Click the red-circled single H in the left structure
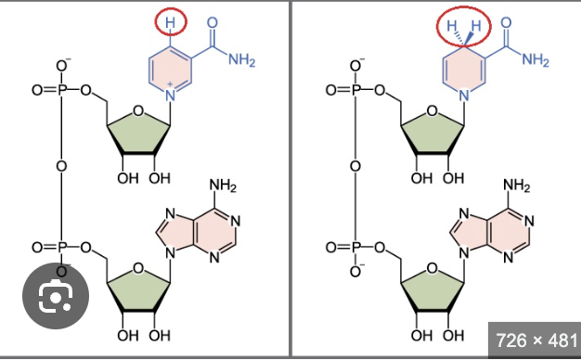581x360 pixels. [x=170, y=20]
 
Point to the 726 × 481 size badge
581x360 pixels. [x=533, y=339]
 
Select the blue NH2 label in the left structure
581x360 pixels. [x=239, y=60]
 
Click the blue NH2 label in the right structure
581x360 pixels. [x=536, y=60]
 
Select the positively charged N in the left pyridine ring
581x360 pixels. [x=170, y=95]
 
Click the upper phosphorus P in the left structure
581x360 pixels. [x=62, y=91]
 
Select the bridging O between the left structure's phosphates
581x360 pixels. [x=62, y=167]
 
